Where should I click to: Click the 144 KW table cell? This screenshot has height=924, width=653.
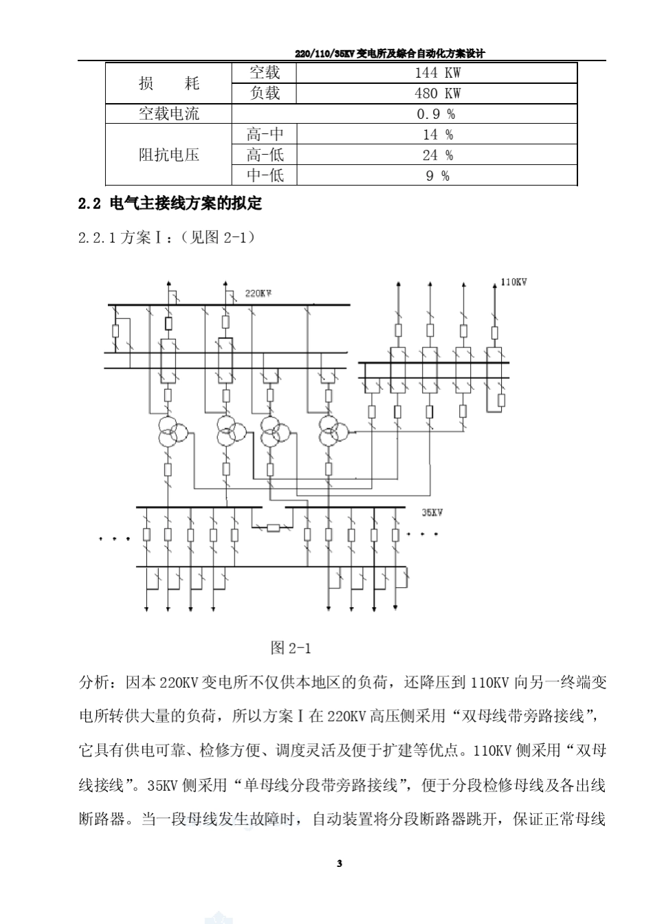437,73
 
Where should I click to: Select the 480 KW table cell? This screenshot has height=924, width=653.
437,93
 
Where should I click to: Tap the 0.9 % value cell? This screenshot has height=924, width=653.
437,114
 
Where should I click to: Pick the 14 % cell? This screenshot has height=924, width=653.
437,135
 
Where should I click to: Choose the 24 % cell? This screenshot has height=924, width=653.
437,155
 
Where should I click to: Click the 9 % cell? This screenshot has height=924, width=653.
437,176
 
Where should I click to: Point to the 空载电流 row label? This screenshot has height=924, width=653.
168,114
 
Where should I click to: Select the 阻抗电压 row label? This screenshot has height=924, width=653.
168,155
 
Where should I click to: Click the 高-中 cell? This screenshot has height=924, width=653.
265,135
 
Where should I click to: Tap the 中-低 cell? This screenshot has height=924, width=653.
265,176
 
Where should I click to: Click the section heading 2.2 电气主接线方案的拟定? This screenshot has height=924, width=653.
170,204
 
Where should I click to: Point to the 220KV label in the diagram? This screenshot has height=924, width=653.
258,294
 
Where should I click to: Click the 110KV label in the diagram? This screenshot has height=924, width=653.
513,283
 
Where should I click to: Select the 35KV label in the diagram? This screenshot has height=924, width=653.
432,513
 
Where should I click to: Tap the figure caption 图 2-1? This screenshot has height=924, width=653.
291,648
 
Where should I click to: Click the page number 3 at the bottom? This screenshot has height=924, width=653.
340,863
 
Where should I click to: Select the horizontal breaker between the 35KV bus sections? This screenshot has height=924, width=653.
273,528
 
